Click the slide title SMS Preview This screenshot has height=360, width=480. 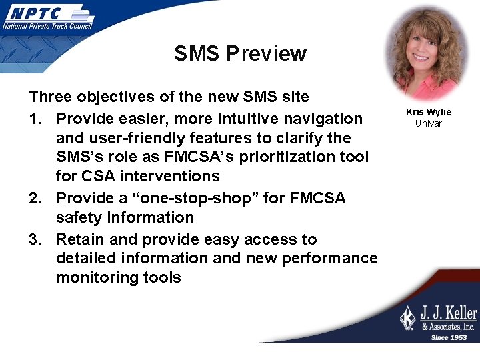[240, 53]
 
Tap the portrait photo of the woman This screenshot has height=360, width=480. [428, 53]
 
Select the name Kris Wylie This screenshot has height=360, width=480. [428, 112]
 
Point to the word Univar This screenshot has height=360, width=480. [428, 123]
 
